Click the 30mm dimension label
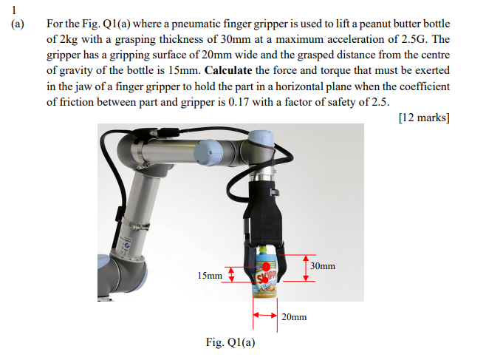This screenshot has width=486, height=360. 323,265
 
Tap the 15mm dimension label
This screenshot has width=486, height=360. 210,276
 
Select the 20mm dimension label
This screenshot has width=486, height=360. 294,316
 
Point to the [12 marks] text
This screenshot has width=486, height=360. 423,117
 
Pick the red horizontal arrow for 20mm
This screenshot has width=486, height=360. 266,314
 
